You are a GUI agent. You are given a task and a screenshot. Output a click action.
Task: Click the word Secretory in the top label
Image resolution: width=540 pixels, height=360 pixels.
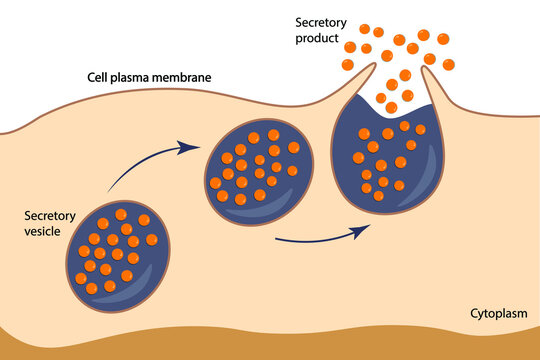(320, 21)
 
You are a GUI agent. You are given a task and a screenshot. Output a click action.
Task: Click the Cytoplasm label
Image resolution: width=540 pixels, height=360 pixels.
(499, 313)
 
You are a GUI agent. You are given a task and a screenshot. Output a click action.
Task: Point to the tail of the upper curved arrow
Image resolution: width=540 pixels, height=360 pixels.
(109, 188)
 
